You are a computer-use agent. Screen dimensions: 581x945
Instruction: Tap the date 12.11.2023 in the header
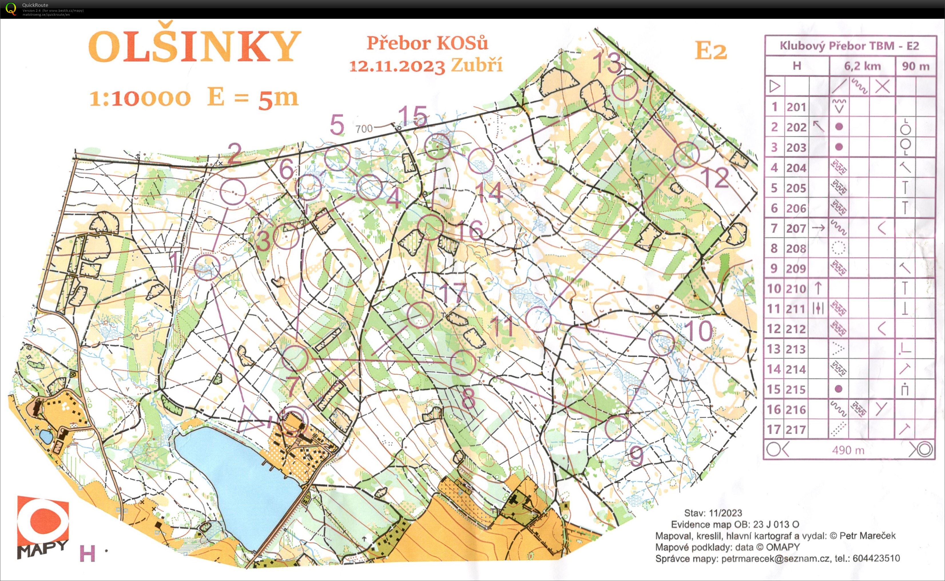click(x=397, y=66)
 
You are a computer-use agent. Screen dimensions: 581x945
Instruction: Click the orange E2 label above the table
click(x=710, y=51)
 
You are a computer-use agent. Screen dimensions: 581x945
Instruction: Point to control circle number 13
click(x=624, y=88)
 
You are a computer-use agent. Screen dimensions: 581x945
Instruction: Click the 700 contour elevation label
click(x=364, y=129)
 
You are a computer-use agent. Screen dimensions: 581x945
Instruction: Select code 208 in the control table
click(x=795, y=249)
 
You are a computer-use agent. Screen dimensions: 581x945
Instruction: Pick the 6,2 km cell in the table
click(x=862, y=66)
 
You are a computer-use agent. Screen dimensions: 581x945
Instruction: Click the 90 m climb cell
click(x=915, y=66)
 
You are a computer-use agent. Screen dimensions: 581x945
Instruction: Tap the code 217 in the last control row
click(x=795, y=429)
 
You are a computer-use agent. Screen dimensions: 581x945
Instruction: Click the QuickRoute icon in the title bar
click(x=11, y=9)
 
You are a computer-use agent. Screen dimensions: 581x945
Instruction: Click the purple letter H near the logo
click(x=87, y=554)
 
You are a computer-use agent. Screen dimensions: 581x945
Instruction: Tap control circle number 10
click(x=662, y=343)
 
